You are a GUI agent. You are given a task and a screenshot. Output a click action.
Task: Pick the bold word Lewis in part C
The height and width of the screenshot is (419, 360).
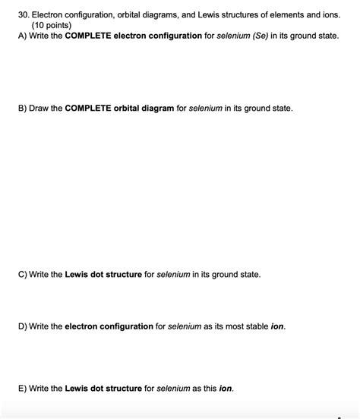click(77, 274)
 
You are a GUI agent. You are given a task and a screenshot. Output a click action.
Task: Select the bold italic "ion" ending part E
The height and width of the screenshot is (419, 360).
click(226, 388)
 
